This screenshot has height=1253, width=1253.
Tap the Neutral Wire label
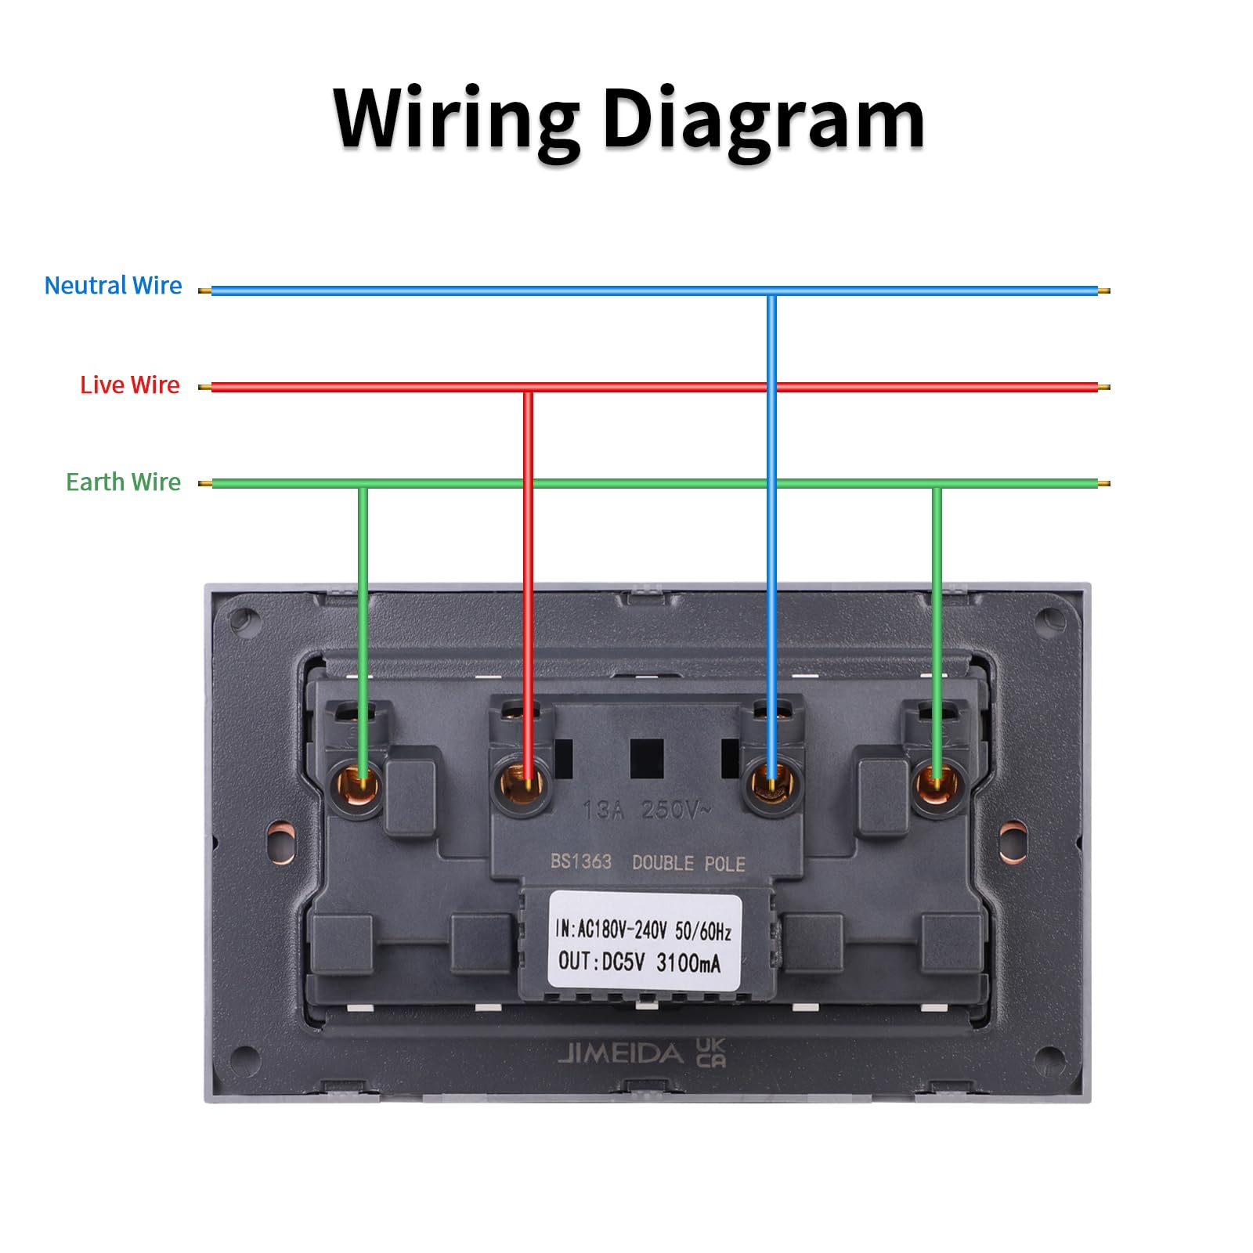pos(113,286)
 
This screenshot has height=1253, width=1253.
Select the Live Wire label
pos(130,385)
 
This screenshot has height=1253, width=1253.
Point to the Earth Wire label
pos(123,482)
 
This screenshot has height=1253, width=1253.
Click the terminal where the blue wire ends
pos(773,783)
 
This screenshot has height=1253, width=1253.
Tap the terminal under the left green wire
pos(358,785)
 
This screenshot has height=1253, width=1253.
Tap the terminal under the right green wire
pos(938,785)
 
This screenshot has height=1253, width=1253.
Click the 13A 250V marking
pos(647,810)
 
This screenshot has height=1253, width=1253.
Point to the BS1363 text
pos(580,861)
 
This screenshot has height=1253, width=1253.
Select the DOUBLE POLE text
pos(688,863)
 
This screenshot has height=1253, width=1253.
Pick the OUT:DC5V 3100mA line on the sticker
pos(639,962)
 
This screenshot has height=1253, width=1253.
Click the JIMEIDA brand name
pos(620,1054)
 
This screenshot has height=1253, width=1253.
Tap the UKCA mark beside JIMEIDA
pos(711,1053)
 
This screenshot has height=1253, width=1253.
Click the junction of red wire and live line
pos(529,388)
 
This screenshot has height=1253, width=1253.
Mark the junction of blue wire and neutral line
pos(771,292)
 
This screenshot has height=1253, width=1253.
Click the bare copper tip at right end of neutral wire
pos(1104,291)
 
